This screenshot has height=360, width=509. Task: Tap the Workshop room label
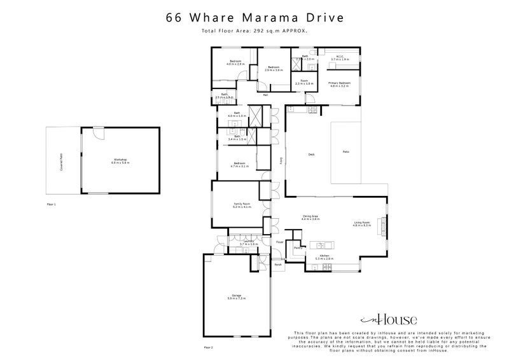(x=120, y=160)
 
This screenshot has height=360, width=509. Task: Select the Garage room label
(x=237, y=296)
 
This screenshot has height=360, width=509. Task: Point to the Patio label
(x=346, y=152)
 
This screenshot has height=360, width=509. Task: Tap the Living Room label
(x=362, y=223)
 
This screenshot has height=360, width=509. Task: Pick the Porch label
(x=278, y=265)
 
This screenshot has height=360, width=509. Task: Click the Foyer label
(x=279, y=242)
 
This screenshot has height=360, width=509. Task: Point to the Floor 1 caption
(x=52, y=205)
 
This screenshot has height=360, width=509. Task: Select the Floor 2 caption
(x=208, y=348)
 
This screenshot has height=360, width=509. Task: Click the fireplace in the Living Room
(x=383, y=224)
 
